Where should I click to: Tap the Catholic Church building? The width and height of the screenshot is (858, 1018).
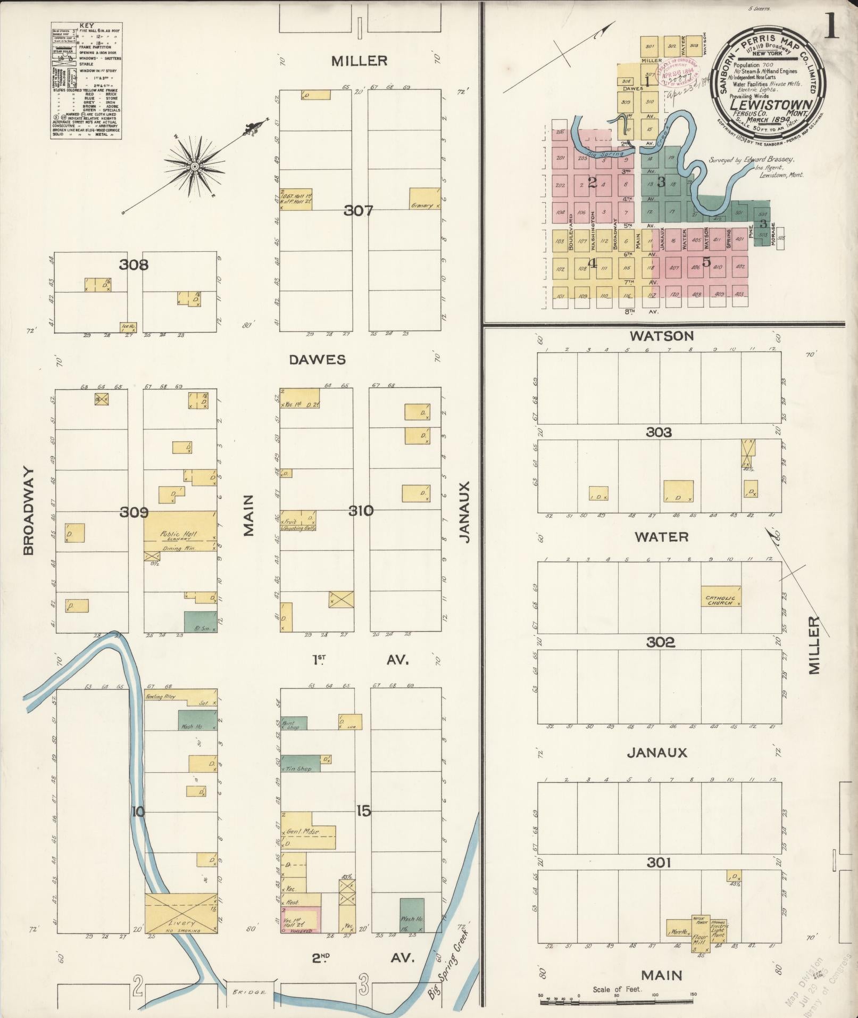(x=721, y=597)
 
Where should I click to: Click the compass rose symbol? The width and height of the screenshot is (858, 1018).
(x=195, y=166)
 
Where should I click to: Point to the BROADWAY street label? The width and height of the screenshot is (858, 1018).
(x=28, y=511)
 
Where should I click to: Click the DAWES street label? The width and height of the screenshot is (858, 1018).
(x=317, y=360)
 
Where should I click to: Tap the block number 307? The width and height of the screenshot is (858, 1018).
(x=358, y=211)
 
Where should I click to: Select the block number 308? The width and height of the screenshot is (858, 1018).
(x=133, y=264)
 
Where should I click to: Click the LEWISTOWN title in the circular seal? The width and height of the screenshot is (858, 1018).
(x=769, y=105)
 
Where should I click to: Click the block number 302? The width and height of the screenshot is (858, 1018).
(x=660, y=642)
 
